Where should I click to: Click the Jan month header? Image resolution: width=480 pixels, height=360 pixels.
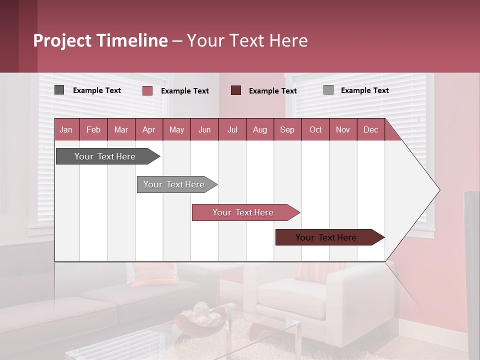(66, 129)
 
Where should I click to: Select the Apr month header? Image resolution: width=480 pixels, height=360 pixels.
(149, 129)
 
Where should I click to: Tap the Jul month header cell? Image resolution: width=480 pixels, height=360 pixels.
(232, 129)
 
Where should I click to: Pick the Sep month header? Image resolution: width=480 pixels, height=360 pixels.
(287, 129)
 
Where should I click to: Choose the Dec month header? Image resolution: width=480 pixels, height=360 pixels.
(370, 129)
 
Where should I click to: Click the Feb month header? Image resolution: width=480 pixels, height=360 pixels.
(93, 129)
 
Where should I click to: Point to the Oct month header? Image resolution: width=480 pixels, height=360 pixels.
(315, 129)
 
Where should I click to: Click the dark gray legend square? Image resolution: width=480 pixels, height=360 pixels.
(59, 90)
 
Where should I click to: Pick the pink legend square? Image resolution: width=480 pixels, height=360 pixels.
(147, 90)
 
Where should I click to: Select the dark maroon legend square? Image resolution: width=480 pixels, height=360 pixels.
(236, 90)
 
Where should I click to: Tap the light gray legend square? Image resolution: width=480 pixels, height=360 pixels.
(328, 90)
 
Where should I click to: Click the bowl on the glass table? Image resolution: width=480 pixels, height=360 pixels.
(200, 320)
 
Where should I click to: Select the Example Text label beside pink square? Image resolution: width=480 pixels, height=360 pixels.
(185, 91)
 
